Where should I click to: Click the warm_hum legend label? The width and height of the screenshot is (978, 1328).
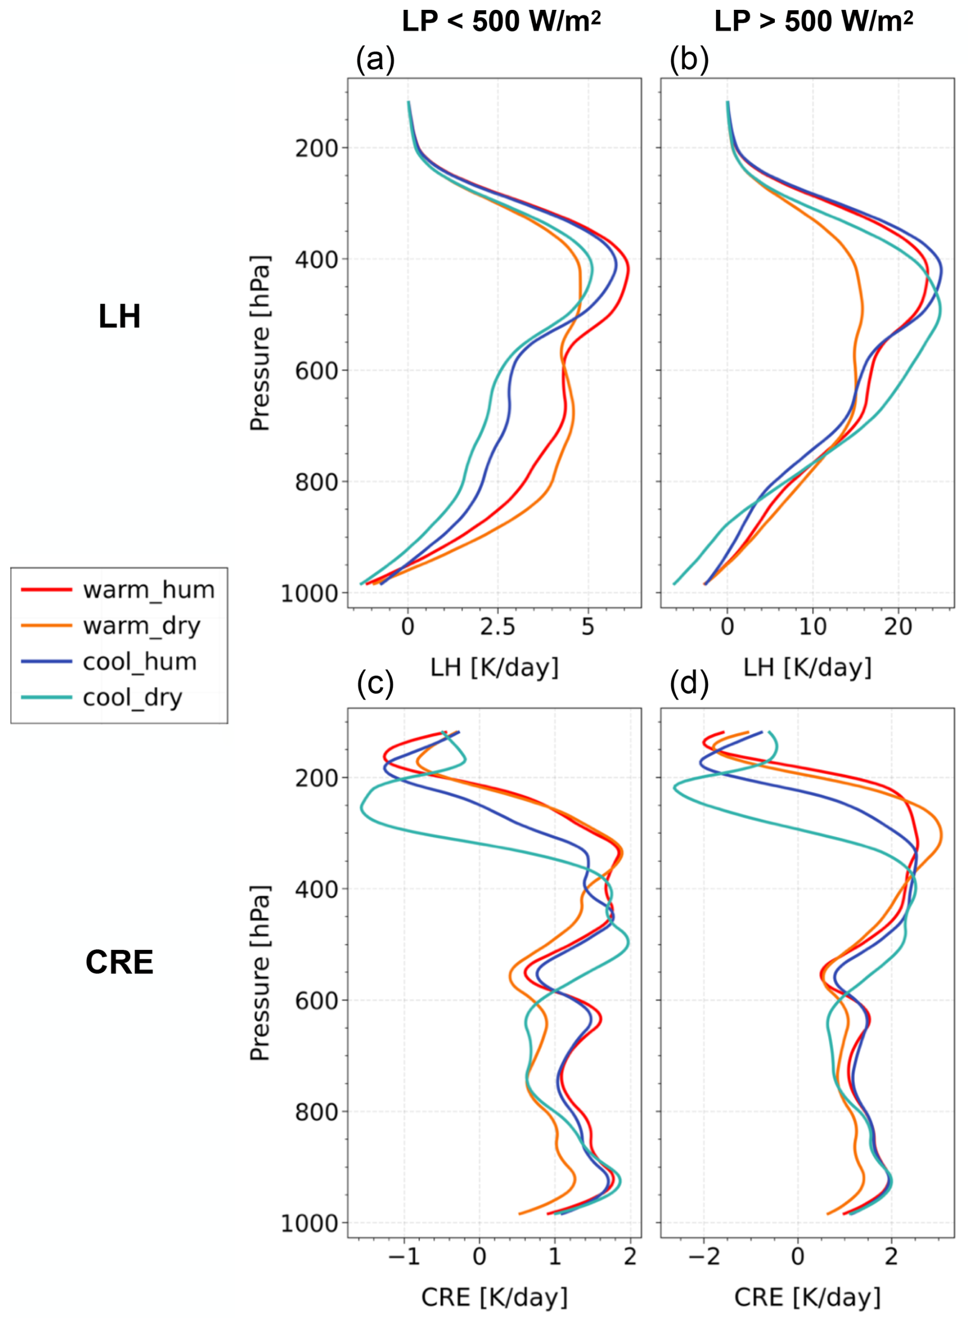click(148, 590)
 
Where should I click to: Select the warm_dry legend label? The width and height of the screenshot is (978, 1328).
click(142, 626)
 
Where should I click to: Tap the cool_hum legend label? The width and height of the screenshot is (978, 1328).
click(140, 661)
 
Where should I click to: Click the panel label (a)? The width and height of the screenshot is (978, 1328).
click(375, 59)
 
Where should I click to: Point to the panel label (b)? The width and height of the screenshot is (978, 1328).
click(689, 59)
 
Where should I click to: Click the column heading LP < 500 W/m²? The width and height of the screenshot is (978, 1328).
click(501, 22)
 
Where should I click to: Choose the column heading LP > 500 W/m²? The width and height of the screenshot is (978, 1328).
click(814, 22)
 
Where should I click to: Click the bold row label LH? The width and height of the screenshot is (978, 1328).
click(119, 317)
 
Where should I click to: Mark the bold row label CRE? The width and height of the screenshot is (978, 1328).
click(119, 962)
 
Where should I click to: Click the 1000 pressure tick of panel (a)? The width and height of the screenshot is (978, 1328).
click(309, 594)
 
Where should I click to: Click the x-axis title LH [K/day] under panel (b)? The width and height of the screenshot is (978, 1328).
click(807, 668)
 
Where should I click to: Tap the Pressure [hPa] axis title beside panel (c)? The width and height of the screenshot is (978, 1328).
click(260, 973)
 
